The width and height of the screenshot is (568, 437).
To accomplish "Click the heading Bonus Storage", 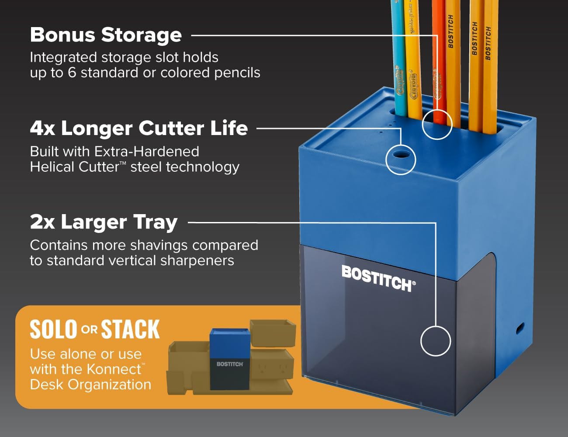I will pos(106,35).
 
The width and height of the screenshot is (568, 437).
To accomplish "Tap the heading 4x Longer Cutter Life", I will pos(139,128).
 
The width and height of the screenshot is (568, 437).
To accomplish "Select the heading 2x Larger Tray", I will pos(104,222).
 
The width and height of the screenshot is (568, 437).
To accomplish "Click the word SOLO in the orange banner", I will pos(53,329).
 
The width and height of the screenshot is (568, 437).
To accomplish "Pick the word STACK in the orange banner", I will pos(130,329).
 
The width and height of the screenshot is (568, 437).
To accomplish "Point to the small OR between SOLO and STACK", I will pos(89,329).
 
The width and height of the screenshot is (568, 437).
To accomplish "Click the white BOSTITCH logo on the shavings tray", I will pos(378,278).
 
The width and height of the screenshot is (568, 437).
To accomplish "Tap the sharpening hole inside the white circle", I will pos(401,155).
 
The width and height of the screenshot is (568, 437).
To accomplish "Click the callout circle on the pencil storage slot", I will pos(437,124).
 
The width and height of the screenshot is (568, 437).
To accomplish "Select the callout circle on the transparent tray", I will pos(436,341).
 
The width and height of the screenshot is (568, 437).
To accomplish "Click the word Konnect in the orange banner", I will pos(117,369).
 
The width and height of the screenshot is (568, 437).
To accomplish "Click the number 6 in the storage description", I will pos(72,73).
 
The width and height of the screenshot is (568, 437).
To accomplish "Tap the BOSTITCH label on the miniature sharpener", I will pos(230,364).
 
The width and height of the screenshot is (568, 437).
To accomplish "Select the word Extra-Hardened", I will pos(147,152).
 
